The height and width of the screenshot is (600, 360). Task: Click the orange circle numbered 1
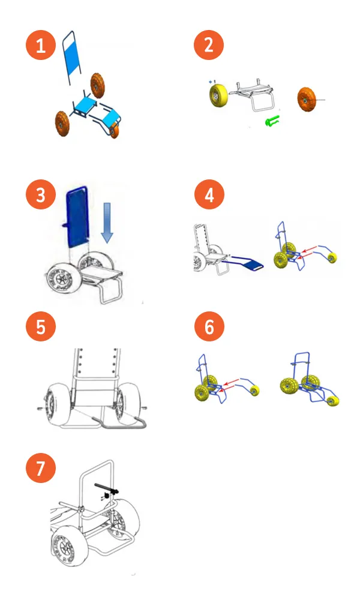coord(41,46)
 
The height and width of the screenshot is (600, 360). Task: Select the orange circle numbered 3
coord(41,196)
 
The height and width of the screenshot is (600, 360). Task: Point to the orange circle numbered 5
coord(41,327)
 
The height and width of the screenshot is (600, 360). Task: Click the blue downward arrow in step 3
coord(107,222)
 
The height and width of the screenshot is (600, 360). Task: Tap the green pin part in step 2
coord(272,122)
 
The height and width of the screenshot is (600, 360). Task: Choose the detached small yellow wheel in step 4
coord(334,258)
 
